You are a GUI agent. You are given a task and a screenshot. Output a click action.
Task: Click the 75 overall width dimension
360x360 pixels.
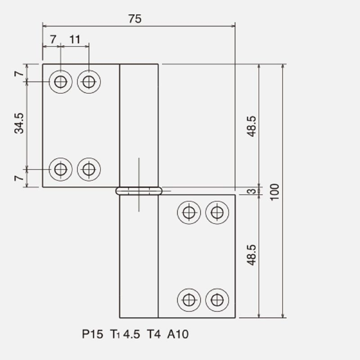[135, 19]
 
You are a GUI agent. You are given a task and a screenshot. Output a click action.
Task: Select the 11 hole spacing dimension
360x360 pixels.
[75, 40]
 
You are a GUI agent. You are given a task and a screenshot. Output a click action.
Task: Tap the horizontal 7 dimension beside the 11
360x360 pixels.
[53, 40]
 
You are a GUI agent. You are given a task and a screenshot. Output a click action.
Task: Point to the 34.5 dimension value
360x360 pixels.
[19, 123]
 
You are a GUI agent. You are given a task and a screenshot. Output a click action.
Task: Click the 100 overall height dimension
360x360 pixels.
[274, 192]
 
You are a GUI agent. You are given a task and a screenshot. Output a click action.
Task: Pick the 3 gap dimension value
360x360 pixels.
[252, 191]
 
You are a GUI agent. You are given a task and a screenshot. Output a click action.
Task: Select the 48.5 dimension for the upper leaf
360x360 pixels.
[252, 126]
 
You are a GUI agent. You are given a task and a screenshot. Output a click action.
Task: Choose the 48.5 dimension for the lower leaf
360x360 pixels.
[252, 255]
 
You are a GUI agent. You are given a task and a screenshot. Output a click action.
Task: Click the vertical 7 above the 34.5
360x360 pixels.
[19, 74]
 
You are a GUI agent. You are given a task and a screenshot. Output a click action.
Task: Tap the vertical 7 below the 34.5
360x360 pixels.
[19, 178]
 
